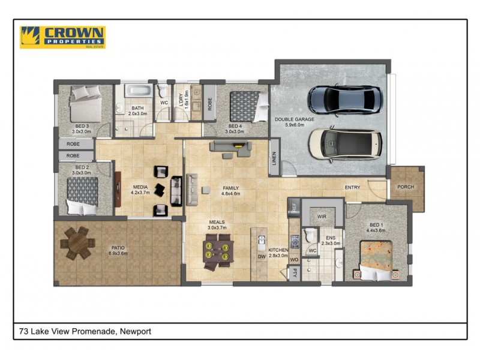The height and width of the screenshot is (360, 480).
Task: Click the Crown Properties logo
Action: click(62, 37)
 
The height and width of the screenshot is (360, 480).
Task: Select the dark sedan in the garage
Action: click(344, 100)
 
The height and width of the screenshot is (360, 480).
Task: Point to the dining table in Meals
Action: click(217, 251)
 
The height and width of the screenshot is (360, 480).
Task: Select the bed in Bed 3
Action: click(85, 104)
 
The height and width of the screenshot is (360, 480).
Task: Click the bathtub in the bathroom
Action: click(140, 92)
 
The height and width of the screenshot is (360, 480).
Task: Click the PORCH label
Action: click(406, 187)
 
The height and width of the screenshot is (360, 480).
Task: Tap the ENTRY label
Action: click(352, 188)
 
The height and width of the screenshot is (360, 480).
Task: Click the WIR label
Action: click(322, 216)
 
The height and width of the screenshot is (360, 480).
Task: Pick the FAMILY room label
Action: click(230, 188)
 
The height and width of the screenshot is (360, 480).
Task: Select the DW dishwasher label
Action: click(261, 256)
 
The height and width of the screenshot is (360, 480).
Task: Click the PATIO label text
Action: click(118, 247)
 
